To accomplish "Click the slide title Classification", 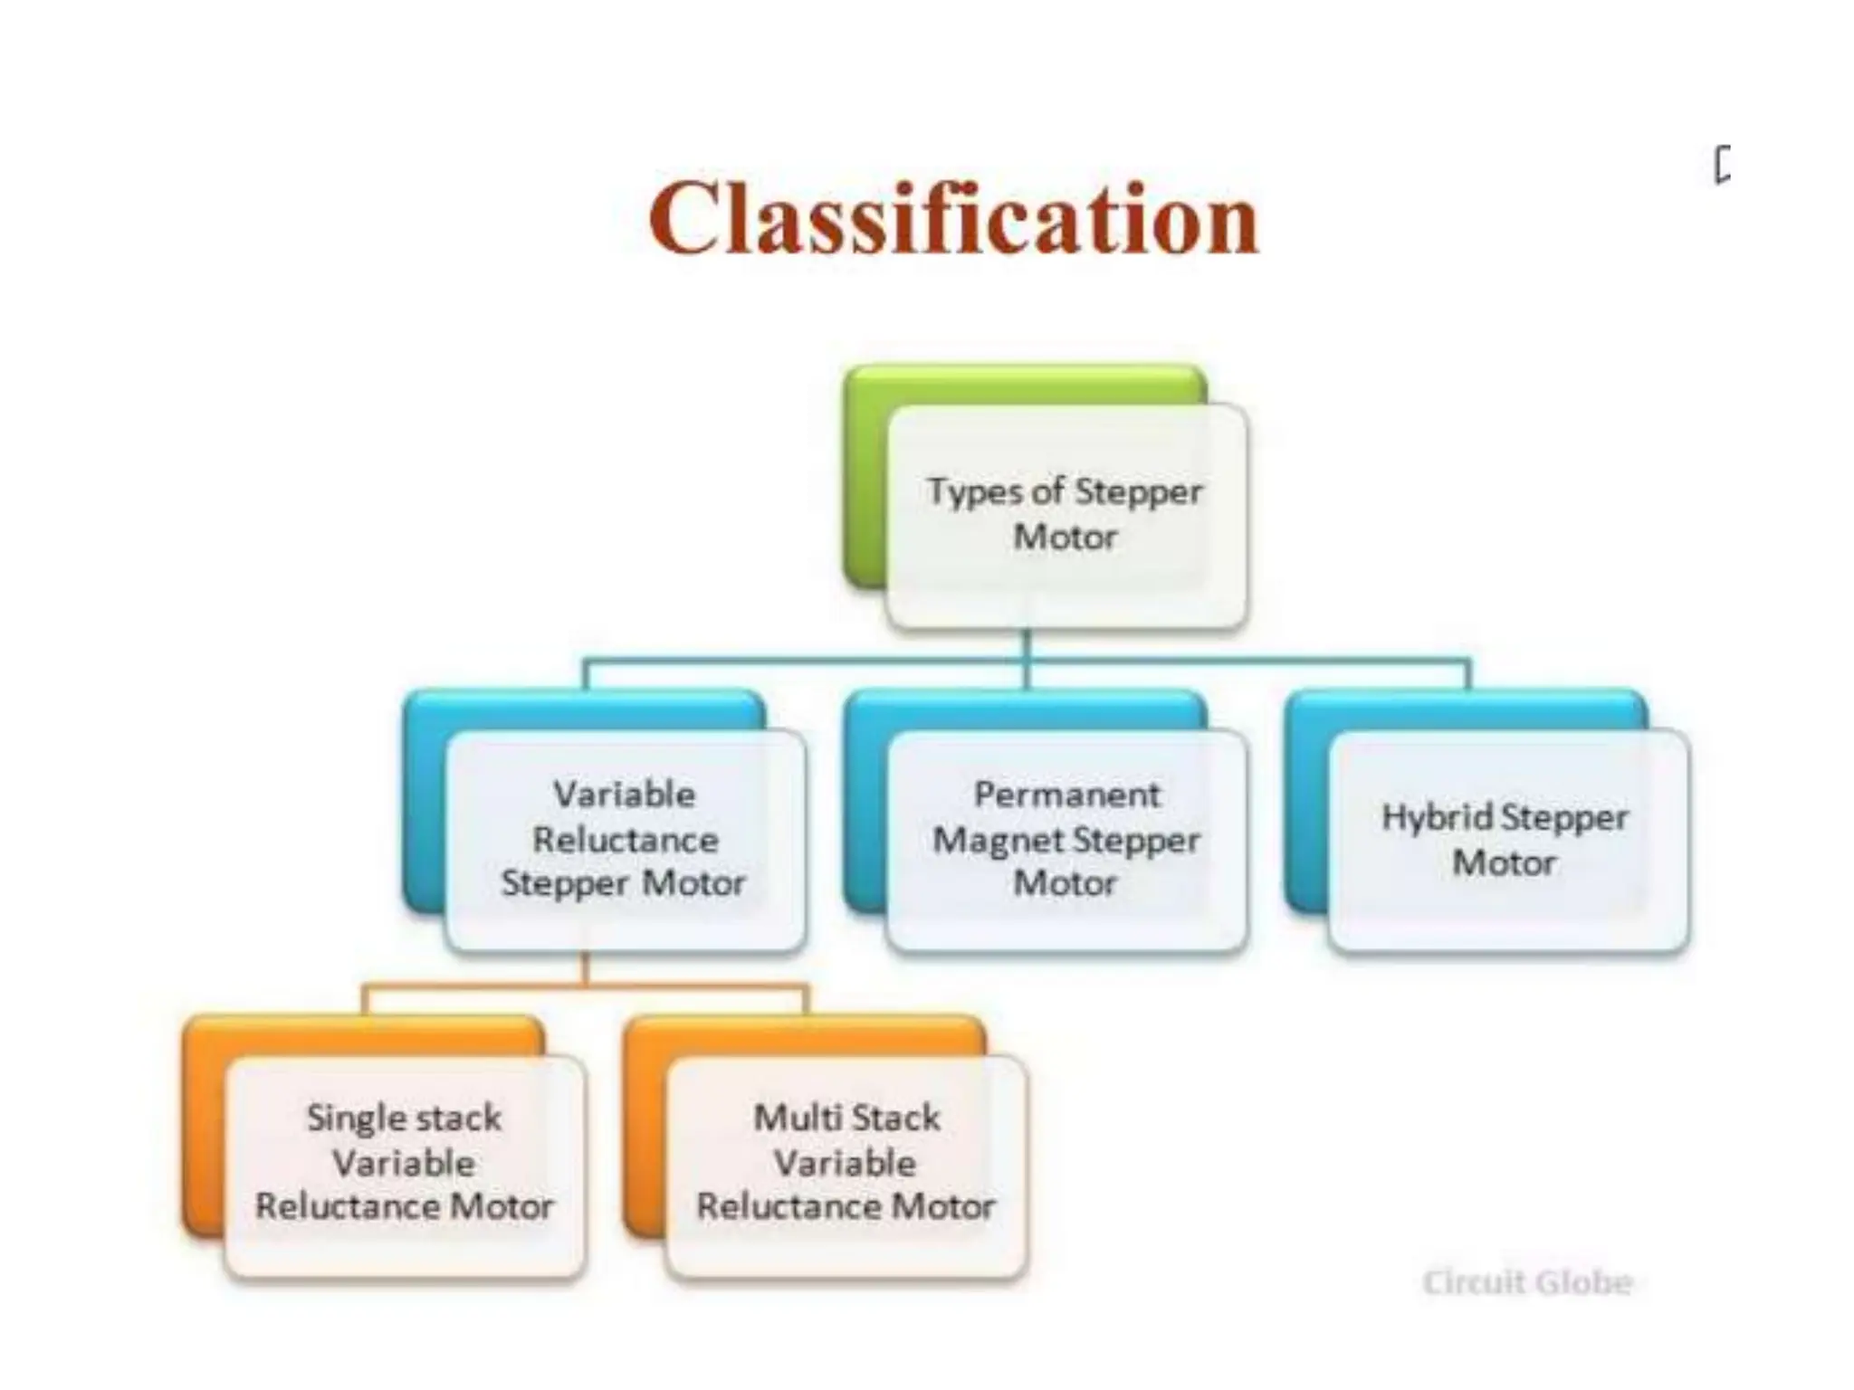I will (953, 218).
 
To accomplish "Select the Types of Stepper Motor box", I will (1066, 515).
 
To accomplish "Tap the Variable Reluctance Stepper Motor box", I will (625, 840).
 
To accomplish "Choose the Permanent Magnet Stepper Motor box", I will (1066, 840).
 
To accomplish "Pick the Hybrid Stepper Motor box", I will (1506, 840).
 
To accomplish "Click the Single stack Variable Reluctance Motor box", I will (404, 1164).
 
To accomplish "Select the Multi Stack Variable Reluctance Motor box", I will (846, 1164).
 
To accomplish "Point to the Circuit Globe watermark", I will (1527, 1282).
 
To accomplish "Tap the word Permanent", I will (1066, 795).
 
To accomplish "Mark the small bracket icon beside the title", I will (1722, 166).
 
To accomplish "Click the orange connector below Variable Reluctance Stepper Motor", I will (585, 983).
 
